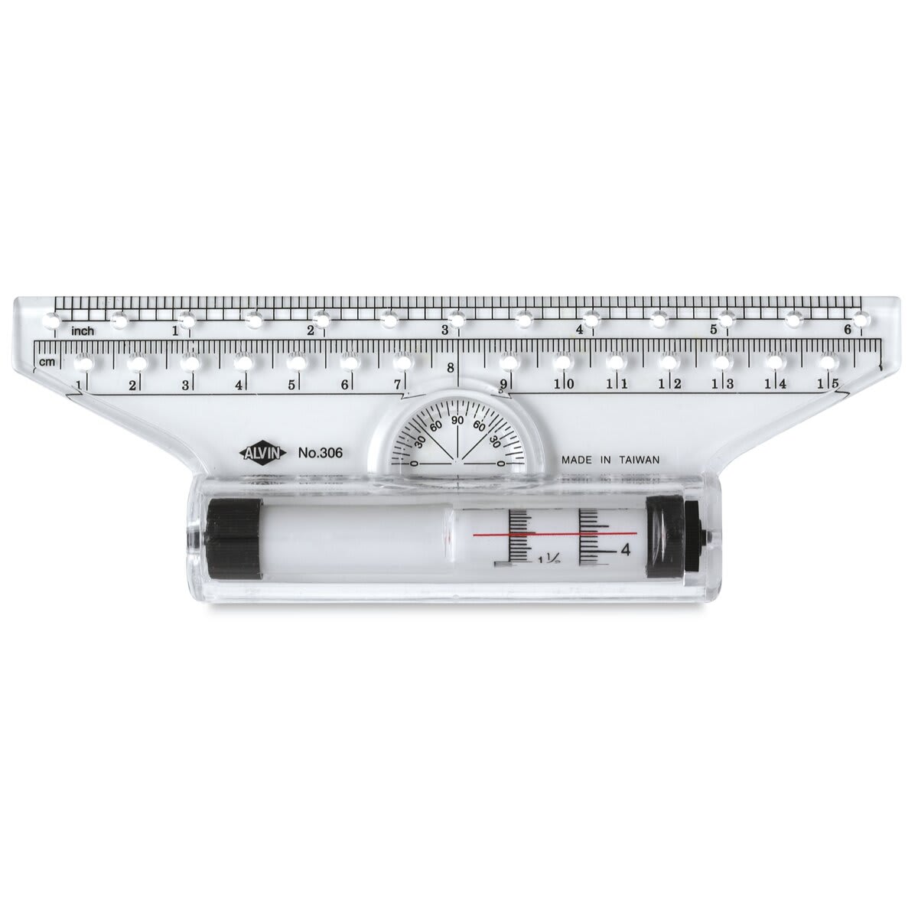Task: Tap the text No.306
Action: point(320,453)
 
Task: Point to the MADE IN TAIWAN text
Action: point(610,461)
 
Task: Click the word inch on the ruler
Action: point(83,330)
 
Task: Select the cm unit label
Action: point(47,362)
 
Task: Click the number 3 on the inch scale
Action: point(444,330)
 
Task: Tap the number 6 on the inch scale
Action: point(848,329)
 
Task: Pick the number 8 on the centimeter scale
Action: point(450,368)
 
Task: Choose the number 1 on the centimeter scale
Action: point(78,383)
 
